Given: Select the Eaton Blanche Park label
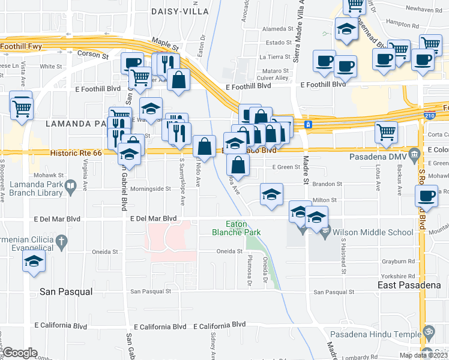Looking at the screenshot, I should click(235, 227).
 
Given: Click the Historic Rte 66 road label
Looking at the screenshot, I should click(76, 153).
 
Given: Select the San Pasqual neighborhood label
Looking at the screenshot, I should click(66, 292).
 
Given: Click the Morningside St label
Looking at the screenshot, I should click(151, 189).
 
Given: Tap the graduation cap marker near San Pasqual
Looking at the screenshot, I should click(34, 262).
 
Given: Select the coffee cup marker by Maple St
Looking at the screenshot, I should click(132, 63).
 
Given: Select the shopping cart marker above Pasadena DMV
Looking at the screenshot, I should click(386, 131).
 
